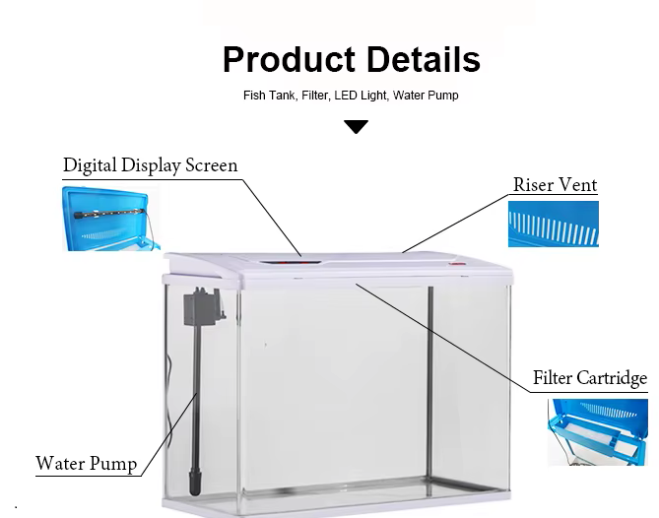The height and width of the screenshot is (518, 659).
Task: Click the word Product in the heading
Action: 290,59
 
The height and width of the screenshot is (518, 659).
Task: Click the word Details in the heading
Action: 424,59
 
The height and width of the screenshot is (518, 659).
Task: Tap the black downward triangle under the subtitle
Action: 356,127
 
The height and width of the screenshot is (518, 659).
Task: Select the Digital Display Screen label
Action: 150,165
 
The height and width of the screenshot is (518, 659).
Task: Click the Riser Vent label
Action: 556,185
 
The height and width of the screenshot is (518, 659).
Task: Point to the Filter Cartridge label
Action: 590,378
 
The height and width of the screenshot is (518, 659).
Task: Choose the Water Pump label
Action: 86,463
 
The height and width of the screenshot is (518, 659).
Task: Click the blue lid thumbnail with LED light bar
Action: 111,219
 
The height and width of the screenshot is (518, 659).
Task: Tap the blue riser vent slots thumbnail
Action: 554,224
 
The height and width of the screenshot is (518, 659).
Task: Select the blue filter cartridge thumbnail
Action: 598,432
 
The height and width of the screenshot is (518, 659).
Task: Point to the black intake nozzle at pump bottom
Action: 195,484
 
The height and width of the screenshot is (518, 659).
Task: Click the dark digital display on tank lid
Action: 290,263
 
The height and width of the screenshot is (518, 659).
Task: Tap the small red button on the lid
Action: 457,264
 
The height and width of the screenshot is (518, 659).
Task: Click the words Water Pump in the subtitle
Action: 426,96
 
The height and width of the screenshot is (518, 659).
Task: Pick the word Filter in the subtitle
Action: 315,96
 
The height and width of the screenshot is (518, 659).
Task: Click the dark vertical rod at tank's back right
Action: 429,391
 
